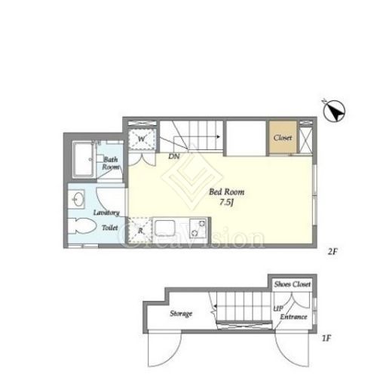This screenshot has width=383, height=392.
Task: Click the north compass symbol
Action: point(334,111)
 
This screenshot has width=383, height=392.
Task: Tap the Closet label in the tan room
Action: point(283,138)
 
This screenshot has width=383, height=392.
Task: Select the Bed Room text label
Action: point(227,192)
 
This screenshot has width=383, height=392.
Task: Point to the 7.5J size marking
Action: point(227,202)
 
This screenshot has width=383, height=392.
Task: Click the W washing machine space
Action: point(142,139)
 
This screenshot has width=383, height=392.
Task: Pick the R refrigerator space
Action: point(140,231)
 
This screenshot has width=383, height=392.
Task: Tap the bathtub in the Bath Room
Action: point(84,159)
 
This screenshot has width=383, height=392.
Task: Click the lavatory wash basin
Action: point(76,199)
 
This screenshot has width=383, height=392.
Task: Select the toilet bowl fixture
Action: point(82,226)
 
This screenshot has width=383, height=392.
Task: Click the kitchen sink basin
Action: point(165,228)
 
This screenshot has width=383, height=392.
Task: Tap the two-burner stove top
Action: point(198,228)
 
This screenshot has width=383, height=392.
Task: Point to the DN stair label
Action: point(174,157)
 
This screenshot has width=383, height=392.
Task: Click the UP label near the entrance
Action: point(278,308)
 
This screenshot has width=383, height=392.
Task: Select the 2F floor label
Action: point(332,252)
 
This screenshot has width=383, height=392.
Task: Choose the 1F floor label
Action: point(326,338)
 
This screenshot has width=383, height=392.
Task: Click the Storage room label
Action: point(181,314)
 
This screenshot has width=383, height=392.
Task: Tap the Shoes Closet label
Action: point(293,284)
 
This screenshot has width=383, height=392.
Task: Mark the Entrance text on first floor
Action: point(293,317)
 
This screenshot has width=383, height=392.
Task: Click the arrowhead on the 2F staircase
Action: point(219,137)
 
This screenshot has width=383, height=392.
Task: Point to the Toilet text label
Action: point(110,228)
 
